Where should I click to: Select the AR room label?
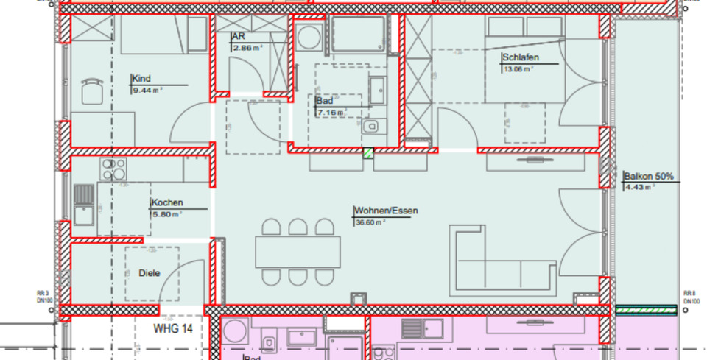[x=238, y=36]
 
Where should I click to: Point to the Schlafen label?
[x=521, y=57]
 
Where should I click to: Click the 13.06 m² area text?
[x=518, y=69]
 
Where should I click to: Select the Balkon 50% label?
[x=649, y=176]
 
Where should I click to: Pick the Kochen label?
[x=167, y=202]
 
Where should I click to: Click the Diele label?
[x=149, y=273]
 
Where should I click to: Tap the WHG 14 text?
[x=173, y=328]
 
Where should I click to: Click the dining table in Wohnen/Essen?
[x=298, y=252]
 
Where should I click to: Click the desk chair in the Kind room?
[x=92, y=91]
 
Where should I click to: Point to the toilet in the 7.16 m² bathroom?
[x=370, y=127]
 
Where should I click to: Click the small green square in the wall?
[x=367, y=153]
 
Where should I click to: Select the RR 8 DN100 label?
[x=690, y=297]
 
